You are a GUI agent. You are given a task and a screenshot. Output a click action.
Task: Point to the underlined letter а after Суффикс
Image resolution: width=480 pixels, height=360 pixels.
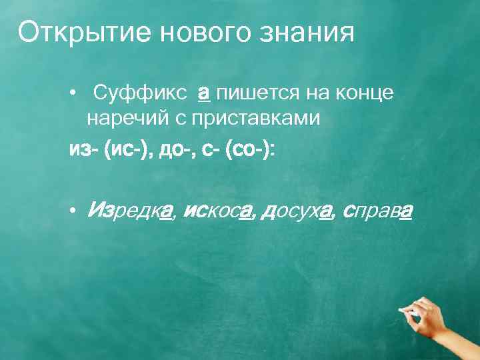[x=205, y=94]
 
